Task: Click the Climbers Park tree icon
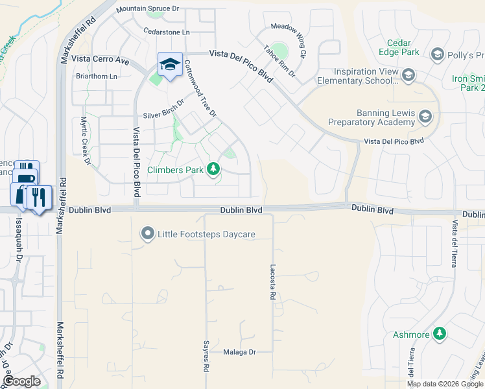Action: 213,170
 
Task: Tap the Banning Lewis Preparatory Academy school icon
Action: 425,117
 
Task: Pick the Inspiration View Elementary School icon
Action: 408,77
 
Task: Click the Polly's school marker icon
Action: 436,54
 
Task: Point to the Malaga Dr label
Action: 240,352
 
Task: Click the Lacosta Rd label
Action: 272,281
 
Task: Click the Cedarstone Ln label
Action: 167,31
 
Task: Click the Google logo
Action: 22,381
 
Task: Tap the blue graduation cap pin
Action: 170,64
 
